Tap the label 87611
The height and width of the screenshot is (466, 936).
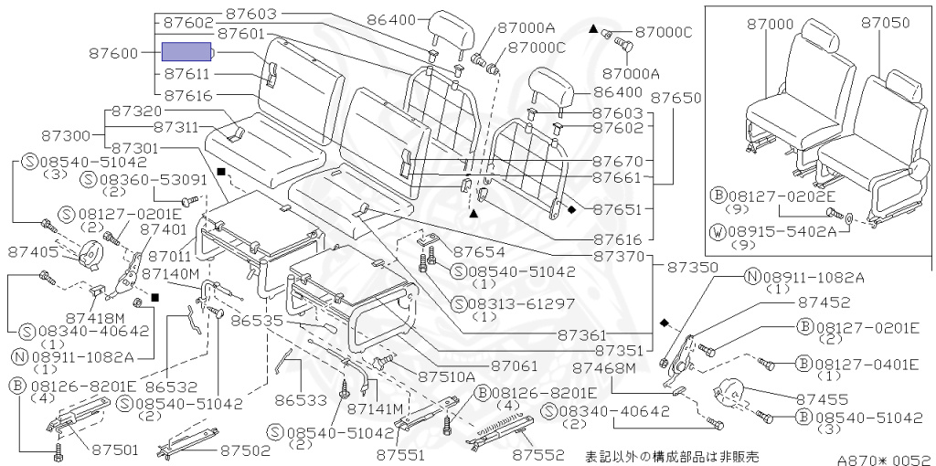point(187,74)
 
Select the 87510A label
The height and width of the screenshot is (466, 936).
point(447,376)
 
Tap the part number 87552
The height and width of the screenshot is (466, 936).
point(540,453)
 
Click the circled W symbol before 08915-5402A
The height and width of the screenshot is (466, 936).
point(718,232)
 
